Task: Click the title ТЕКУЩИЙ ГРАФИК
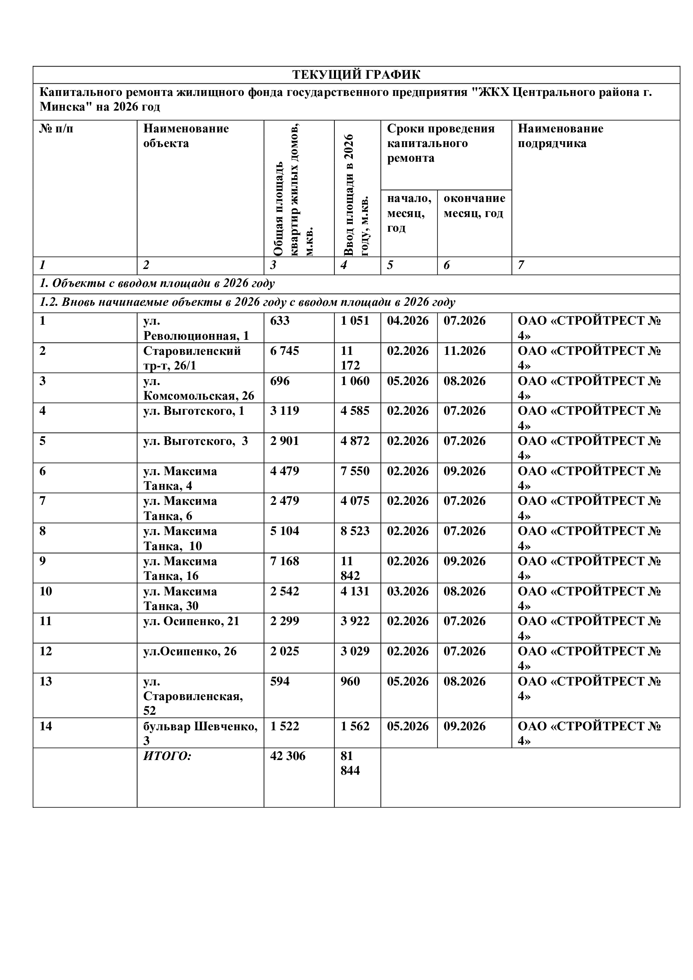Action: point(356,75)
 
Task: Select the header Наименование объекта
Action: point(186,136)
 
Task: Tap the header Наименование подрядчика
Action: point(560,136)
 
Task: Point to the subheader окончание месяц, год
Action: point(474,206)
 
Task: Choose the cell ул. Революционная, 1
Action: point(196,328)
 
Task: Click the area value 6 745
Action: point(284,351)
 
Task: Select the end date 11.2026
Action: point(464,351)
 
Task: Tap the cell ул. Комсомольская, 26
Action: point(199,388)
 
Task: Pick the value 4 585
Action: point(355,411)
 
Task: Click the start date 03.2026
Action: point(408,591)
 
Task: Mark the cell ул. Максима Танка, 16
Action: point(180,568)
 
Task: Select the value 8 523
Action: point(355,531)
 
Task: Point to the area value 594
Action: point(280,681)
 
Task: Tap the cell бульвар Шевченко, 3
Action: point(200,733)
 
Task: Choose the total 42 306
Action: point(287,756)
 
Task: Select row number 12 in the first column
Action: point(46,652)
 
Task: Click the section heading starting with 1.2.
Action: point(248,302)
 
